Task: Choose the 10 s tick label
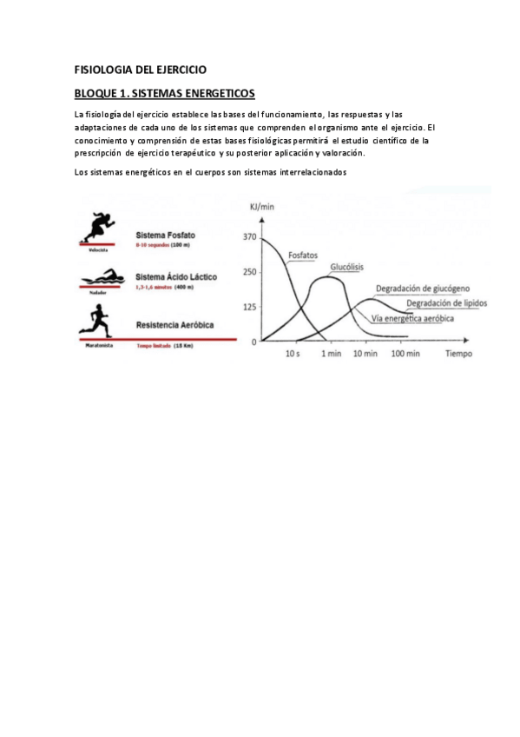point(293,355)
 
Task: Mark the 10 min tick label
point(365,355)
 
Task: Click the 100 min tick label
point(405,355)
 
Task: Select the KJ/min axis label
point(263,206)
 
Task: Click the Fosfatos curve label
point(302,256)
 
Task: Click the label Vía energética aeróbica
point(412,318)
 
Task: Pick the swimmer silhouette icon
point(97,280)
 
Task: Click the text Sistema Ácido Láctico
point(176,276)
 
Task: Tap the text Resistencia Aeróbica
point(174,324)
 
